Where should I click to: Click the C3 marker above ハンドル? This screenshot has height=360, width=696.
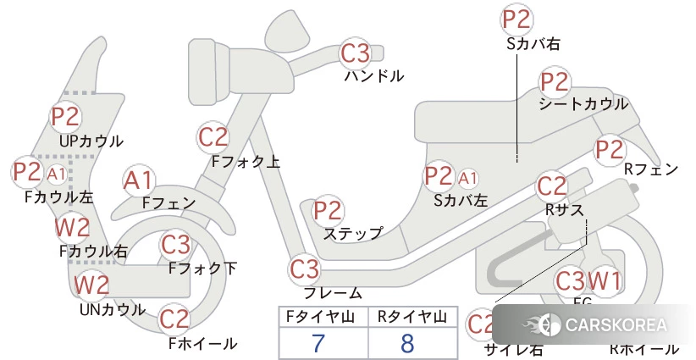coord(356,54)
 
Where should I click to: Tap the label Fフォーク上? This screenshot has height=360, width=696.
coord(246,160)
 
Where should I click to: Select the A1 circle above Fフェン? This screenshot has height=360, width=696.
coord(138,180)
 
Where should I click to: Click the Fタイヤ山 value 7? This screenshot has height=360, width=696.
coord(318,343)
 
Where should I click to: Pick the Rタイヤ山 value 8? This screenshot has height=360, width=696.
coord(407,343)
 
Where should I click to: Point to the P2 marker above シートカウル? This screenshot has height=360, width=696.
coord(555,83)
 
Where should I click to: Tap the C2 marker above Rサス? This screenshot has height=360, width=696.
coord(551,186)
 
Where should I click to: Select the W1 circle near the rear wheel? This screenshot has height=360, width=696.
coord(605,280)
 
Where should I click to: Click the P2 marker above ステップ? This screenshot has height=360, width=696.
coord(328,211)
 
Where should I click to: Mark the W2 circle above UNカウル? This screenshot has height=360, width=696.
coord(91,285)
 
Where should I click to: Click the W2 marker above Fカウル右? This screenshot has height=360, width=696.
coord(72,227)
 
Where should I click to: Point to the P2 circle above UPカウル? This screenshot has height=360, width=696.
coord(65,116)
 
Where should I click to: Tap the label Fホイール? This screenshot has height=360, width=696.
coord(202,343)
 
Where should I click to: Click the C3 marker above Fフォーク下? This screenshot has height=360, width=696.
coord(175,245)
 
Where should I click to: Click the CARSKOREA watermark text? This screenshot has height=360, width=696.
coord(614,325)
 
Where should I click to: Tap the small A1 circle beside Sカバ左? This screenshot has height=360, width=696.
coord(468,178)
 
